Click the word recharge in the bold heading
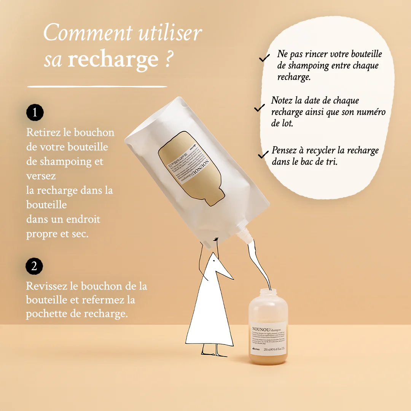(113, 60)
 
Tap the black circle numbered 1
(35, 113)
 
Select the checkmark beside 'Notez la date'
(260, 108)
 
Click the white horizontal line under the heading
(97, 87)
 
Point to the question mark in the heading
(170, 60)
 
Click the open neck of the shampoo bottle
(268, 292)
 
